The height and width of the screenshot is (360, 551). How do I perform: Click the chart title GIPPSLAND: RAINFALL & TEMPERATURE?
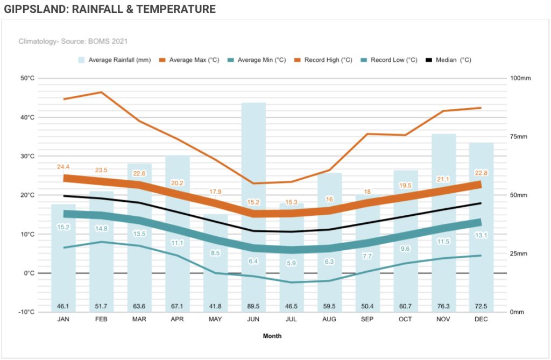(x=110, y=9)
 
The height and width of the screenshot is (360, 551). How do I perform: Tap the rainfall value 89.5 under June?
(x=253, y=306)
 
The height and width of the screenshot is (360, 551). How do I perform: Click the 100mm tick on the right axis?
(x=520, y=79)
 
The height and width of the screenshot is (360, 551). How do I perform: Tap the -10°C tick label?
(x=26, y=312)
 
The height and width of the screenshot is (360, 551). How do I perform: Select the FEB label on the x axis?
(x=101, y=319)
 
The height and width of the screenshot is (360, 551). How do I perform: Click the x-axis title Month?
(x=272, y=336)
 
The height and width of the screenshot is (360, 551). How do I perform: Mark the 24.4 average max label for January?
(x=63, y=167)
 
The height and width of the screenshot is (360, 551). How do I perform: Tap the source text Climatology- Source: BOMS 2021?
(x=73, y=41)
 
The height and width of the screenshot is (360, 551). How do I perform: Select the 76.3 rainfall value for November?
(x=444, y=306)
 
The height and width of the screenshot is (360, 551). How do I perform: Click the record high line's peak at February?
(x=101, y=92)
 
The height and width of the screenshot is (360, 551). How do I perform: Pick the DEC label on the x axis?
(x=482, y=319)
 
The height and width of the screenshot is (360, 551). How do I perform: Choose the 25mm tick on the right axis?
(x=519, y=253)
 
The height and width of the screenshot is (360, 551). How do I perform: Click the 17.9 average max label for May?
(x=215, y=192)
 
